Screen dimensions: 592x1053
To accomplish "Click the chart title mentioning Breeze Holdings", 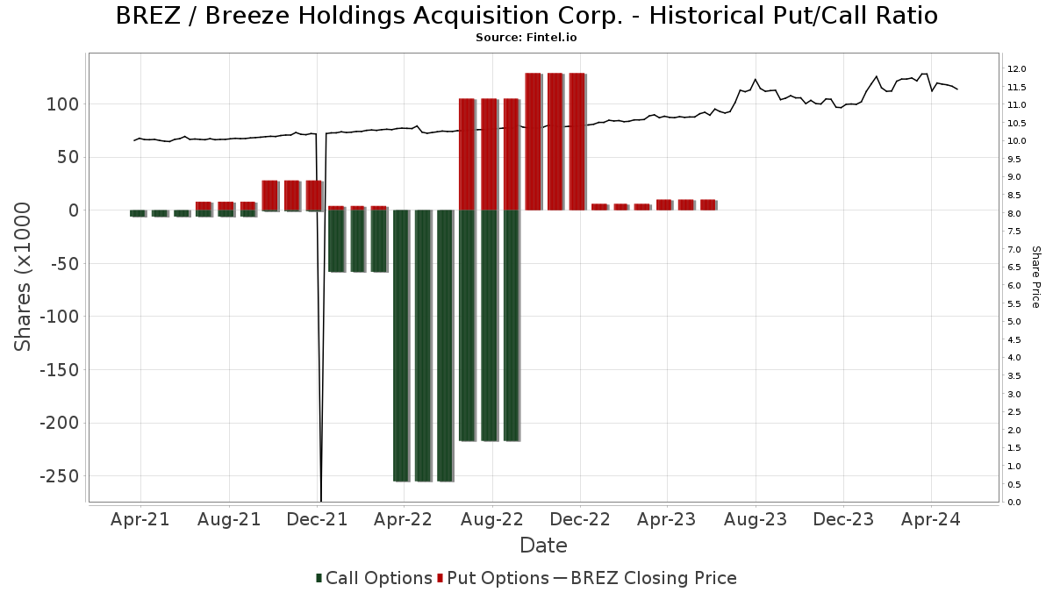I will tap(526, 16).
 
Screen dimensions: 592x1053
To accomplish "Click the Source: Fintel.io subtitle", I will tap(526, 38).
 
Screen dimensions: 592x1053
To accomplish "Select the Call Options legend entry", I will tap(374, 578).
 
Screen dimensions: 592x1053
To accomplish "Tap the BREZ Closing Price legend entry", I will tap(645, 578).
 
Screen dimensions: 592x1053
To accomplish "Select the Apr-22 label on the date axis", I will tap(403, 519).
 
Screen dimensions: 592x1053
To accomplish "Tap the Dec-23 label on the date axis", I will tap(842, 519).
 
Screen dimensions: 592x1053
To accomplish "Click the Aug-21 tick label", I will tap(228, 519).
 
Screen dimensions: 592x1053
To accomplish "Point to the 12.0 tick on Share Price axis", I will tap(1017, 69).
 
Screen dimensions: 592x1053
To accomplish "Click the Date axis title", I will tap(543, 546).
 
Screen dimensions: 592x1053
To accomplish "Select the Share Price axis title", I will tap(1035, 276).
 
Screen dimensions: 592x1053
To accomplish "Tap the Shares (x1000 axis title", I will tap(24, 276).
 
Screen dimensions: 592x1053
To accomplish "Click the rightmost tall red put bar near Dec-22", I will tap(577, 140).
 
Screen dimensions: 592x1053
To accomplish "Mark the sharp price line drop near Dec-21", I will tap(321, 351).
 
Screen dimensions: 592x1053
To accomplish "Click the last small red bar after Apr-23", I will tap(708, 204).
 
